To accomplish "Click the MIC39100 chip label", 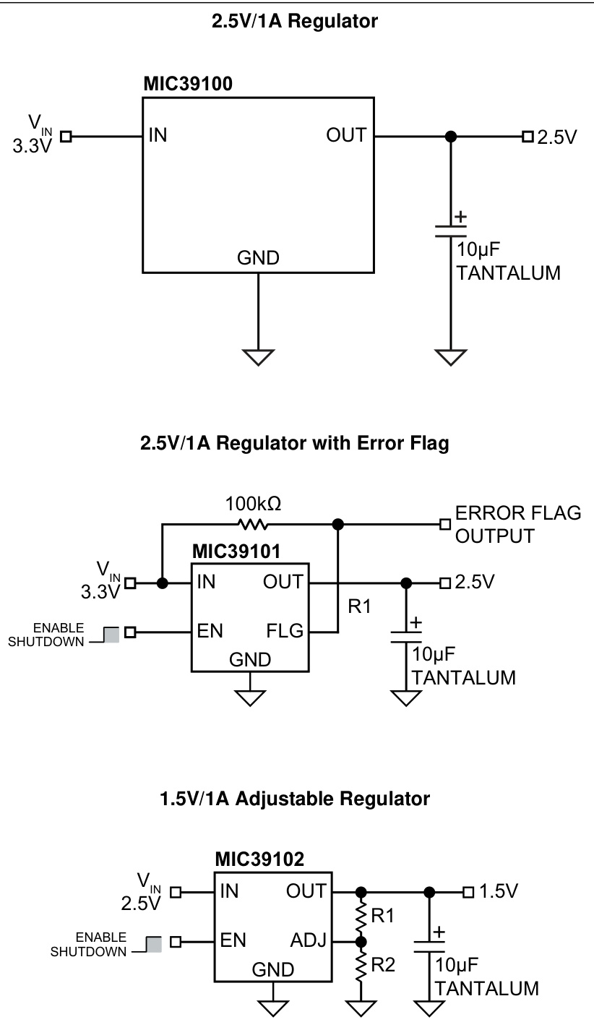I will pyautogui.click(x=188, y=85).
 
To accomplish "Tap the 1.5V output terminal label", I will pyautogui.click(x=499, y=891).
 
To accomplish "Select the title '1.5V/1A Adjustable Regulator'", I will pyautogui.click(x=294, y=799).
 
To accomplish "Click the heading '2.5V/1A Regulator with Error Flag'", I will pyautogui.click(x=294, y=443).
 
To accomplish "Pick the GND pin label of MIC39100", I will pyautogui.click(x=258, y=258).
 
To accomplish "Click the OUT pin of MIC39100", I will pyautogui.click(x=346, y=135).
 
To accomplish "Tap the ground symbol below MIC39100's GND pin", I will pyautogui.click(x=258, y=357).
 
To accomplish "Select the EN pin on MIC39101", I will pyautogui.click(x=210, y=630).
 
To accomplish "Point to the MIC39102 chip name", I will pyautogui.click(x=259, y=859).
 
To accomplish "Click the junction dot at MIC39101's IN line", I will pyautogui.click(x=163, y=582).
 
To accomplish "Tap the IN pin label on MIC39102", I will pyautogui.click(x=228, y=891).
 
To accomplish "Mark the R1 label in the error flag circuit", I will pyautogui.click(x=359, y=606).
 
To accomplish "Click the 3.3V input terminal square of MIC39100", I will pyautogui.click(x=66, y=136).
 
